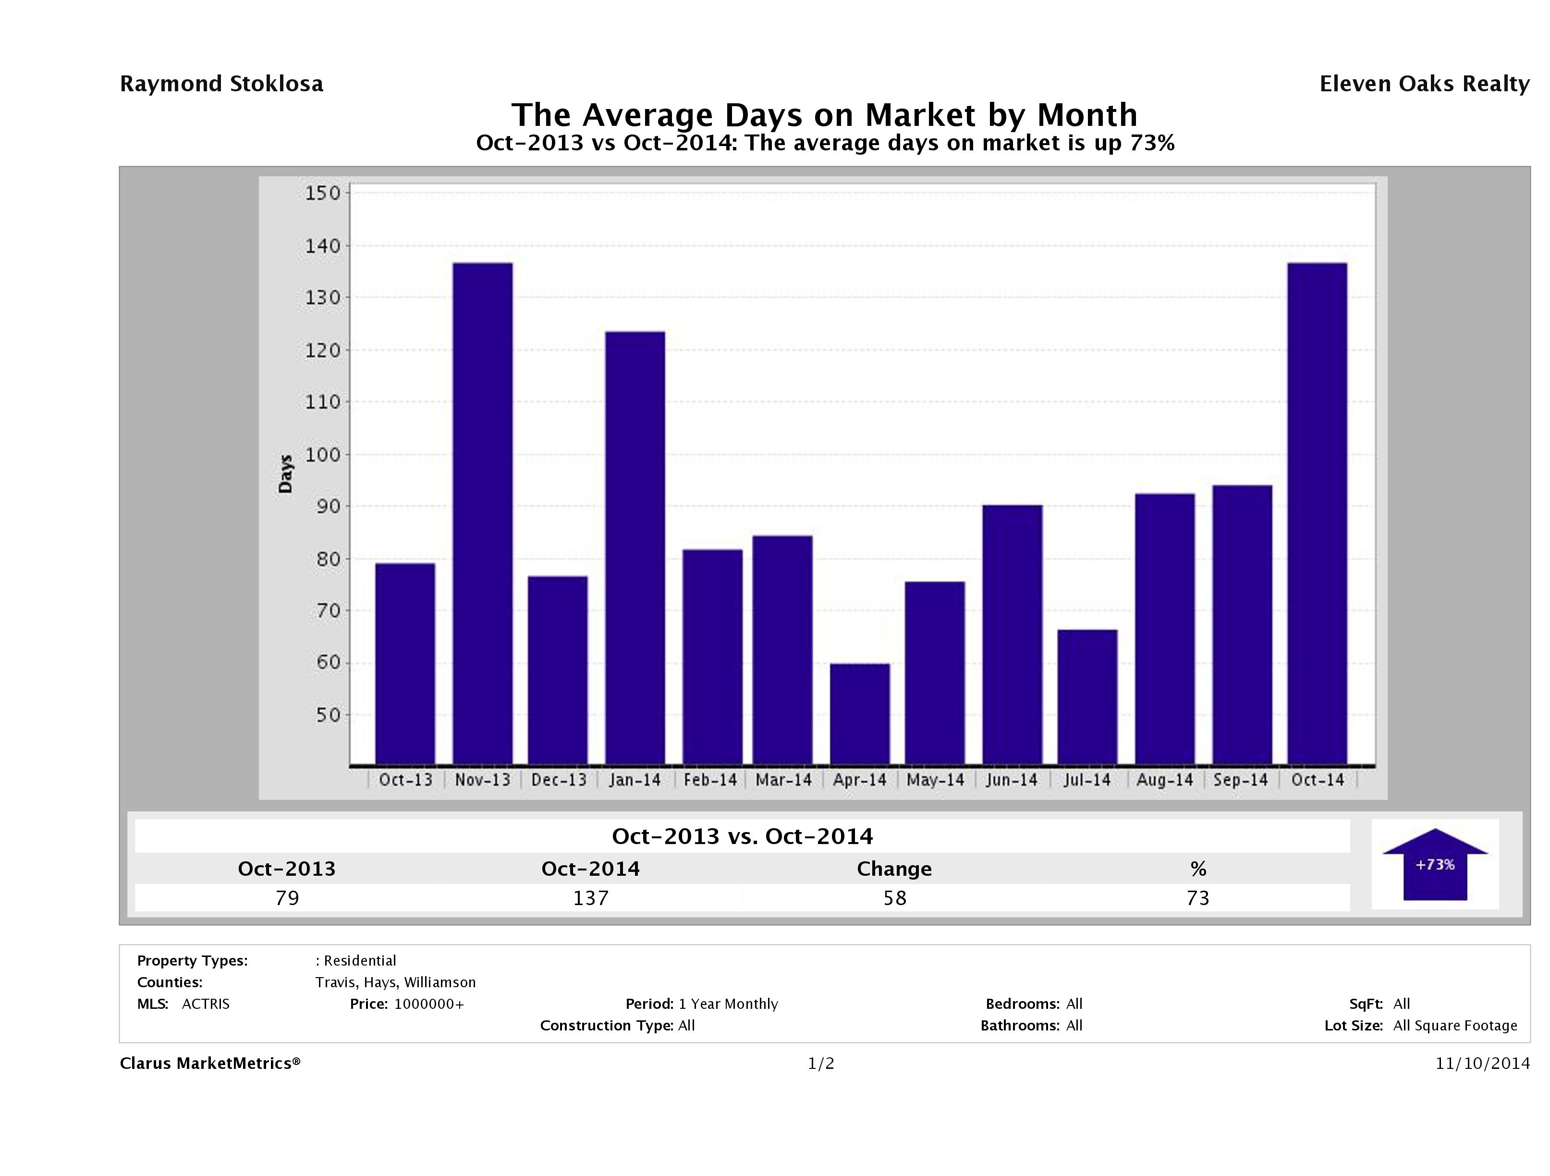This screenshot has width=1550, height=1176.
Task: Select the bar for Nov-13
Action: [483, 513]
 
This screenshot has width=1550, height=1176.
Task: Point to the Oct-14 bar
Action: [1318, 513]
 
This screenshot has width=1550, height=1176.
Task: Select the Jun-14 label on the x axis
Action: [1011, 780]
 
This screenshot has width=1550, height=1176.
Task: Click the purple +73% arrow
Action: [1434, 864]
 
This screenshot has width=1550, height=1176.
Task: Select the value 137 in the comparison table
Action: [591, 898]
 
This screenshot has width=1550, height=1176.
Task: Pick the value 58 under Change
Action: [895, 898]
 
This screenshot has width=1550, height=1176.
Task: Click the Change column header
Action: [894, 869]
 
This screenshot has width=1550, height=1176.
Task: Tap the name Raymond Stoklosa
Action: [221, 84]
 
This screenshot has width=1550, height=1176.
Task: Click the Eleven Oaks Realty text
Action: [1424, 84]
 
